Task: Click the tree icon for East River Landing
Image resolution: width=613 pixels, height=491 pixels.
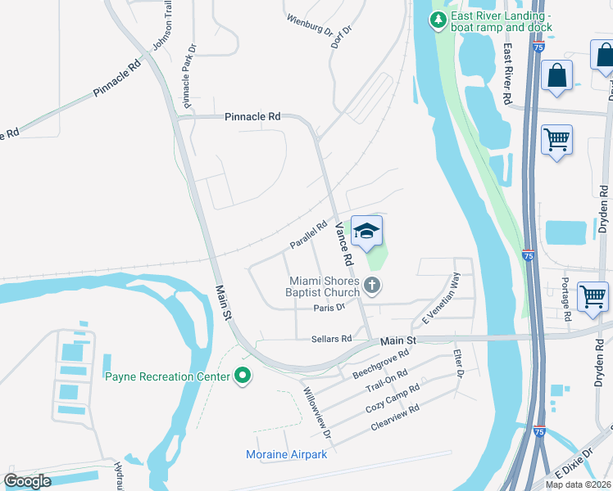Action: click(439, 20)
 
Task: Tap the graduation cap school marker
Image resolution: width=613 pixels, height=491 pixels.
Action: click(367, 233)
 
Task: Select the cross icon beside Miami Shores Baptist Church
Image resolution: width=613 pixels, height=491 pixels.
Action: click(372, 286)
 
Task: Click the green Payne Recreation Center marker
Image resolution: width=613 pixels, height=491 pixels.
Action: click(243, 376)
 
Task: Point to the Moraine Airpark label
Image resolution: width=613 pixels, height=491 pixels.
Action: click(287, 454)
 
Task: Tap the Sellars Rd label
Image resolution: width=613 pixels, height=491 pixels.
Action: click(331, 338)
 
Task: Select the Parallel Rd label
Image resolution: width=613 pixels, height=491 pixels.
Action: click(308, 235)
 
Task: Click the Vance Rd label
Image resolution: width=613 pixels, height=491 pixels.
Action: click(343, 243)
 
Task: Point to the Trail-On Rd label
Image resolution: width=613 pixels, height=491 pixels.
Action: click(386, 380)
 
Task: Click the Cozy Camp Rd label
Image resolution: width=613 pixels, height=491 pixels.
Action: click(393, 396)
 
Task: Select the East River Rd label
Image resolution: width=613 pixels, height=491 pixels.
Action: click(508, 74)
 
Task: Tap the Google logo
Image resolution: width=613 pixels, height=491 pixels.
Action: click(27, 481)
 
